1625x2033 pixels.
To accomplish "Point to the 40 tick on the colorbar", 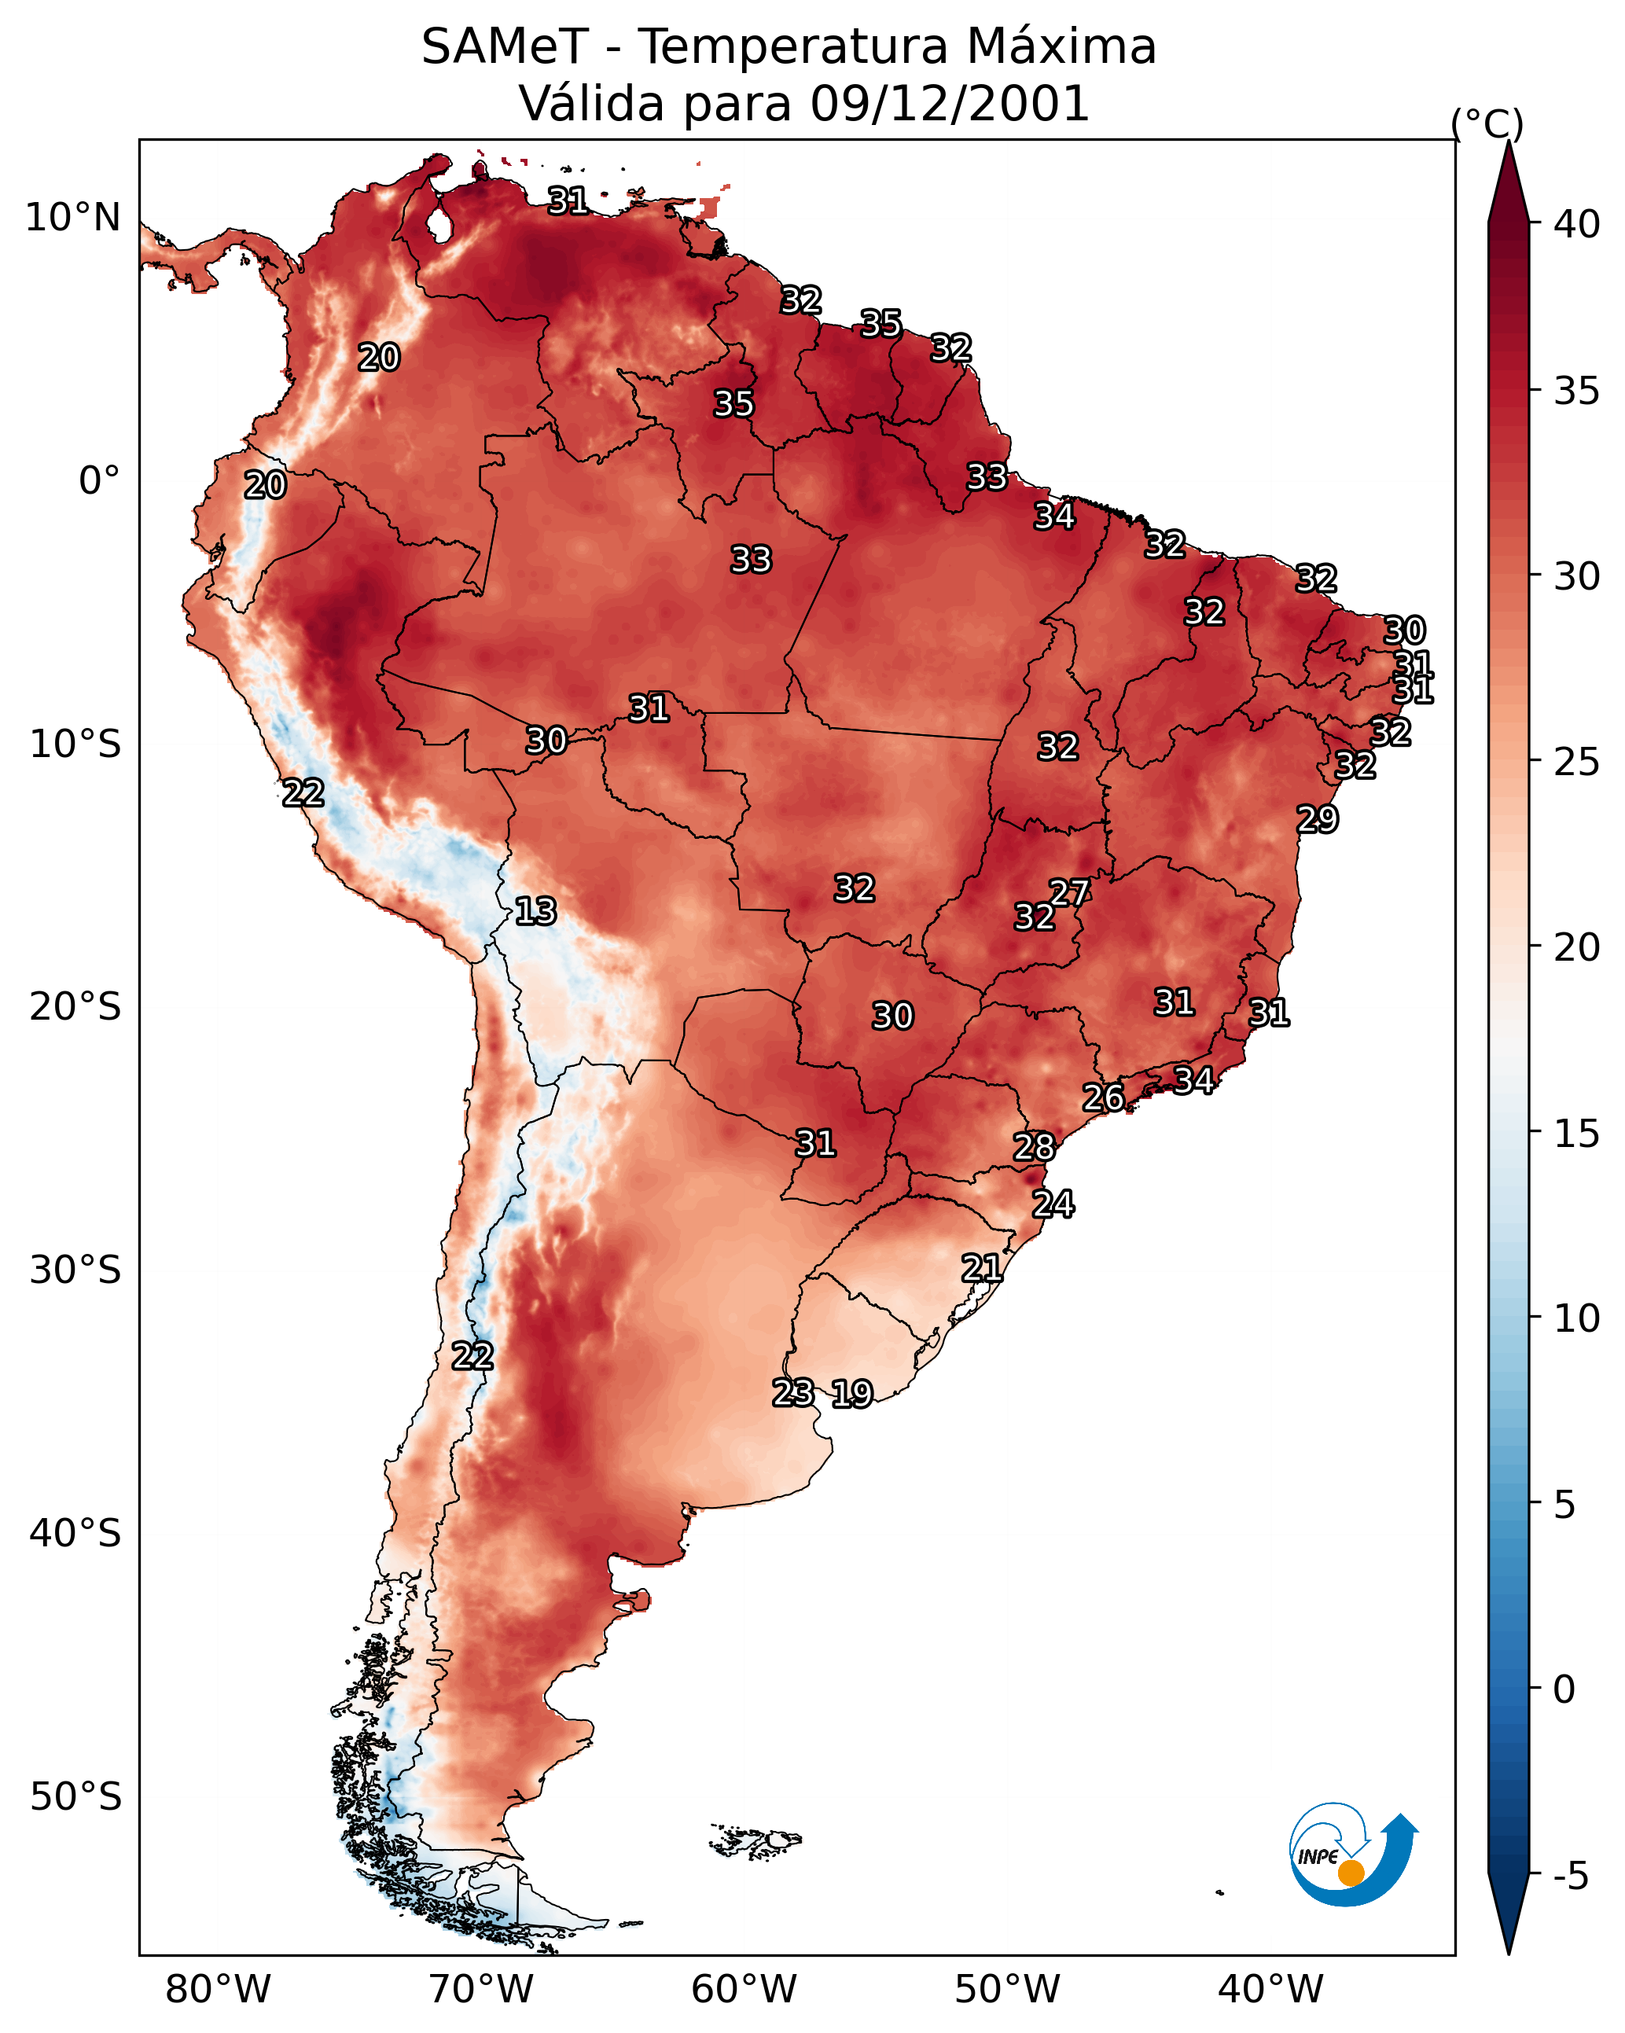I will coord(1578,224).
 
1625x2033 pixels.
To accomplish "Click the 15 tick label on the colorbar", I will coord(1578,1134).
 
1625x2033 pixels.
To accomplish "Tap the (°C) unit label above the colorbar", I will coord(1487,123).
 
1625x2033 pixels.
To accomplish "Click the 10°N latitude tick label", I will coord(72,218).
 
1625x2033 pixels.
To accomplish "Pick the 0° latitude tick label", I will coord(99,481).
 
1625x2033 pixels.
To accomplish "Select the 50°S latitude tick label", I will coord(75,1797).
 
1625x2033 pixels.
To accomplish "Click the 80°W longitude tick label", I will coord(218,1990).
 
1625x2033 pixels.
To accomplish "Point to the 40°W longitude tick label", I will coord(1270,1990).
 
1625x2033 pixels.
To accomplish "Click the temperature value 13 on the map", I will coord(535,911).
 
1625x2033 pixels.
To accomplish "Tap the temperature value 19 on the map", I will coord(852,1394).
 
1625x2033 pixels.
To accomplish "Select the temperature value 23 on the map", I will coord(793,1393).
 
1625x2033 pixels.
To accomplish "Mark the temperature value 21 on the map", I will coord(982,1268).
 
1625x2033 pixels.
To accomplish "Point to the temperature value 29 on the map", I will coord(1318,818).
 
